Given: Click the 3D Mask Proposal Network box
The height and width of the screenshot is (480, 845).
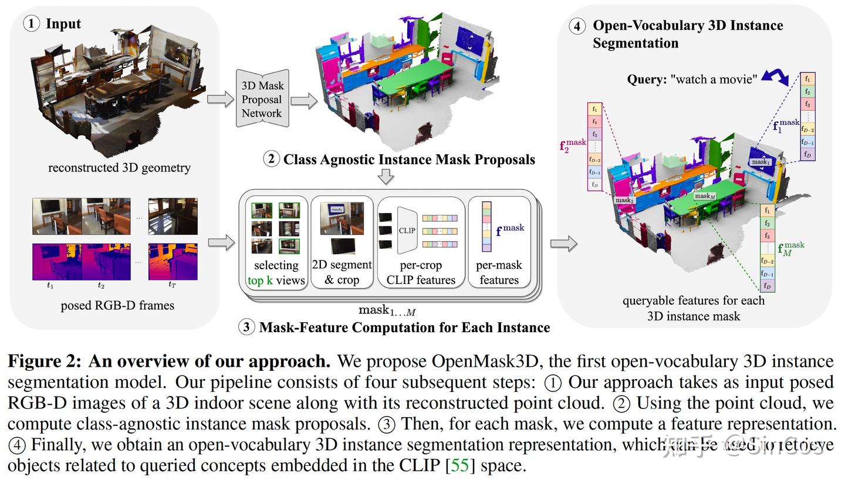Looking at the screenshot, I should click(262, 99).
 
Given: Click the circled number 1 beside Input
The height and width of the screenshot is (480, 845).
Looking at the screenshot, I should click(32, 23).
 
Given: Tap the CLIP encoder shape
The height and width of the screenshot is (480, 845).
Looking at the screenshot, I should click(407, 231).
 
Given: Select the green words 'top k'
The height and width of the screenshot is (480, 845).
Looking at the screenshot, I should click(260, 280).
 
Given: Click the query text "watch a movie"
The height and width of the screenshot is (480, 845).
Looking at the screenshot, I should click(714, 79).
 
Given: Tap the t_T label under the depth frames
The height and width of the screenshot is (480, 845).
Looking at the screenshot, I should click(172, 285).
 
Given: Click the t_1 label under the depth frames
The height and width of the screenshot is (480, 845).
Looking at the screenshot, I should click(50, 286).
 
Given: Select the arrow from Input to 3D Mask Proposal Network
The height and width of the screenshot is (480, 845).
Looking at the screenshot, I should click(220, 99).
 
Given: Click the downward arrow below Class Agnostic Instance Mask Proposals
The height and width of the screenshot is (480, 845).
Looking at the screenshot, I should click(386, 176).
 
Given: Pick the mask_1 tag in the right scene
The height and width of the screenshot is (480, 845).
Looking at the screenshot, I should click(760, 162).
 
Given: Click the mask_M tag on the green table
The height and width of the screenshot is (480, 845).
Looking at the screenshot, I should click(704, 196).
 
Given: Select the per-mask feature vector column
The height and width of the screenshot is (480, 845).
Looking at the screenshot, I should click(486, 227).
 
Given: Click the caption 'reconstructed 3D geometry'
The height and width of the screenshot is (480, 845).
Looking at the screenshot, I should click(119, 168).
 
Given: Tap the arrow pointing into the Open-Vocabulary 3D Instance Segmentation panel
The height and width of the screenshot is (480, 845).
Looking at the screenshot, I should click(563, 244).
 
